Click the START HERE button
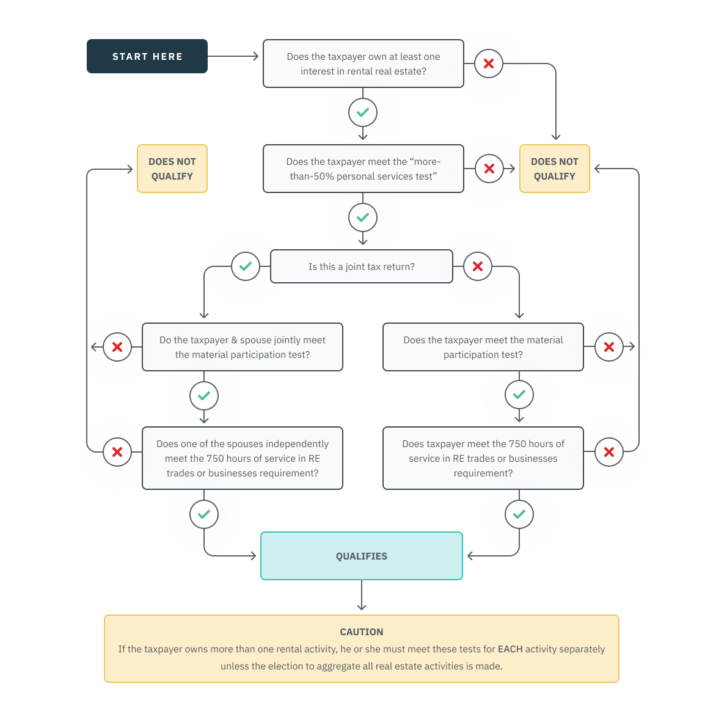pyautogui.click(x=147, y=56)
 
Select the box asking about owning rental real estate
pyautogui.click(x=364, y=64)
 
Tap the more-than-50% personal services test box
pyautogui.click(x=364, y=169)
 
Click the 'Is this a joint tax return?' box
pyautogui.click(x=362, y=266)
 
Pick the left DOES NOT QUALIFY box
pyautogui.click(x=172, y=169)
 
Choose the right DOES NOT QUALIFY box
pyautogui.click(x=555, y=169)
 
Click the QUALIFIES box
pyautogui.click(x=362, y=556)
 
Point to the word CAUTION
pyautogui.click(x=362, y=632)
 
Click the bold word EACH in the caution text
pyautogui.click(x=510, y=649)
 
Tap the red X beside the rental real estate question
pyautogui.click(x=489, y=64)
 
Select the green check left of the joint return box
pyautogui.click(x=246, y=266)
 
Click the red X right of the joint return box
pyautogui.click(x=478, y=266)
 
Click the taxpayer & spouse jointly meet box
pyautogui.click(x=243, y=347)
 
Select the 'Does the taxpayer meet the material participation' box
pyautogui.click(x=483, y=347)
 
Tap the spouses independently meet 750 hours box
pyautogui.click(x=243, y=458)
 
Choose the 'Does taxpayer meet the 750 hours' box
pyautogui.click(x=483, y=458)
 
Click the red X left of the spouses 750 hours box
pyautogui.click(x=117, y=452)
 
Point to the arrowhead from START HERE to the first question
pyautogui.click(x=255, y=56)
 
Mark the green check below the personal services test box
pyautogui.click(x=363, y=217)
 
